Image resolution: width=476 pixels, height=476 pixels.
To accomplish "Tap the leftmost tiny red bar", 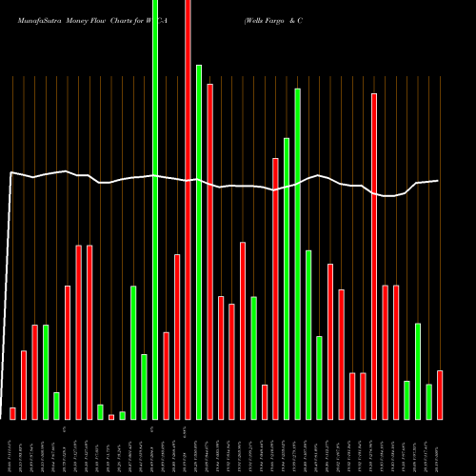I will [12, 413].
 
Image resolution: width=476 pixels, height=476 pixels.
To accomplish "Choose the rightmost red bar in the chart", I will [440, 395].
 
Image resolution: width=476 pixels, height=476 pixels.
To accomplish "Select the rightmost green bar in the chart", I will [429, 402].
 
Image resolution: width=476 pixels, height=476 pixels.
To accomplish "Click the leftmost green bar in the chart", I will [46, 372].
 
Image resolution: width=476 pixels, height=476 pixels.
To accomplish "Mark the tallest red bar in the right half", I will [374, 256].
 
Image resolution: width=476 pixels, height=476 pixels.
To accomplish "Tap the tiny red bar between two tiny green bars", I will [111, 416].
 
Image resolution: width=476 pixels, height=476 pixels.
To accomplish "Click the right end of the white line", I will [438, 181].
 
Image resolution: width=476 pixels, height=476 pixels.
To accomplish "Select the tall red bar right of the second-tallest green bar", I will [209, 251].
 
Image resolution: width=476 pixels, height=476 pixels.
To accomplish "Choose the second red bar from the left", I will [24, 385].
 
